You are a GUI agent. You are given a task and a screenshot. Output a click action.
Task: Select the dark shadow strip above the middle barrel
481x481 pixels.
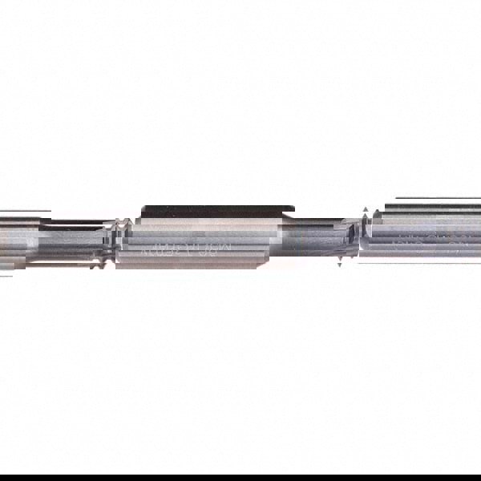pos(216,211)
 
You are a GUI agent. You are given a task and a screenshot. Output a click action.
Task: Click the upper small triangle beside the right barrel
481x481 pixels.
pos(366,212)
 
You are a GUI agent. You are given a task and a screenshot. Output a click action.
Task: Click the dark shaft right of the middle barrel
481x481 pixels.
pos(309,240)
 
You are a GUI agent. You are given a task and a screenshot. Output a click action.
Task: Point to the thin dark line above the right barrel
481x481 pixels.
pos(437,198)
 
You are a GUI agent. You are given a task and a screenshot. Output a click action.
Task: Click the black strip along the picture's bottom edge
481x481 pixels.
pos(240,477)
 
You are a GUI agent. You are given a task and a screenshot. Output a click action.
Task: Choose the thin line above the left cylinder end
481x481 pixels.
pos(24,212)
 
